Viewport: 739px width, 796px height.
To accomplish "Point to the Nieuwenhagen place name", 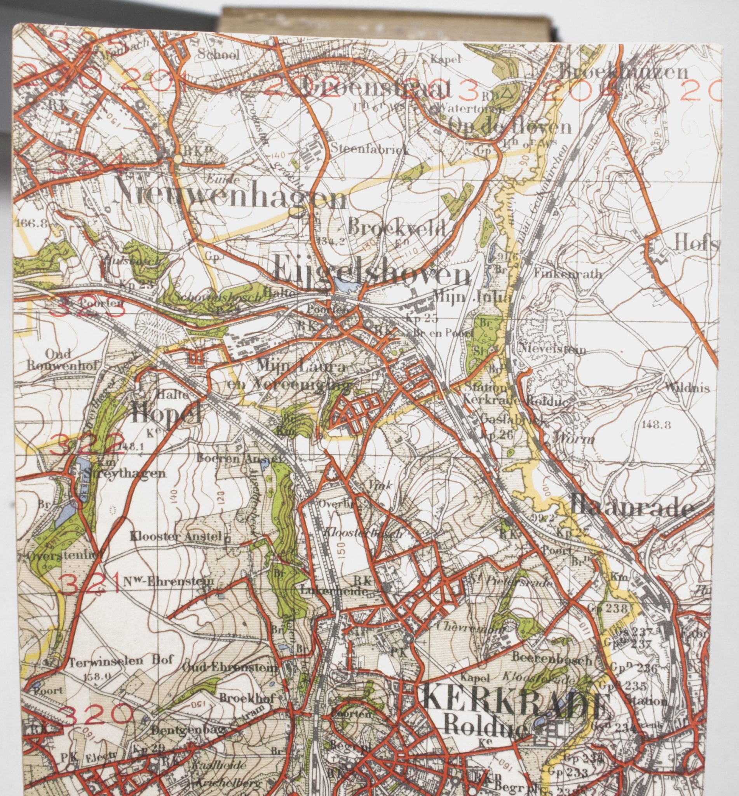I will [x=230, y=197].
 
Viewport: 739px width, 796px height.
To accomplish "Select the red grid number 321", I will [x=89, y=585].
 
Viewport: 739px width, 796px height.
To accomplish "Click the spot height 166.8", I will [x=31, y=223].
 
